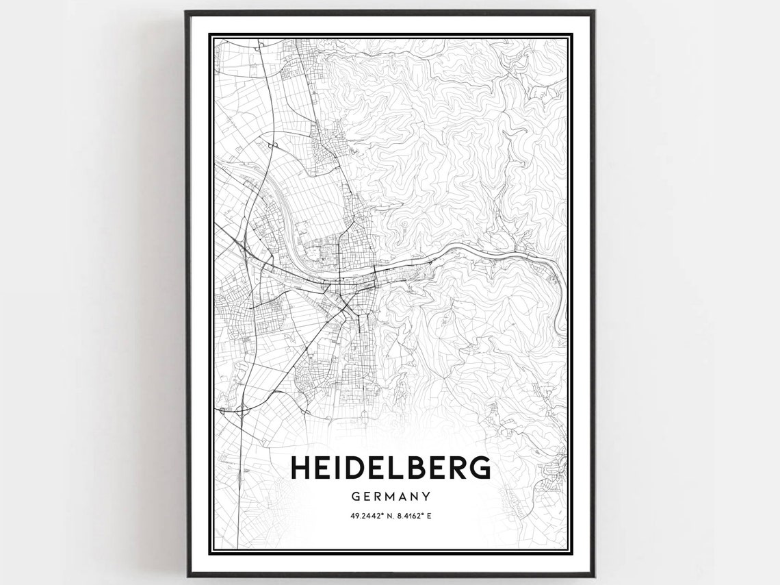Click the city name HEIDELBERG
point(391,468)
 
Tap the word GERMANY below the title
point(391,496)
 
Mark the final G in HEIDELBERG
point(478,468)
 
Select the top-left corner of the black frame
point(187,12)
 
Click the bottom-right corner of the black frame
point(593,575)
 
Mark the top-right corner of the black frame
point(593,12)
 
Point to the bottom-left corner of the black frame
point(187,575)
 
